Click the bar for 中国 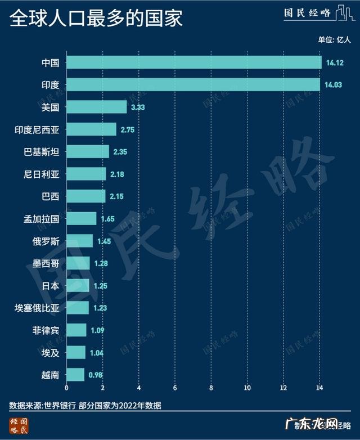[194, 62]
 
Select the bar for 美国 [97, 107]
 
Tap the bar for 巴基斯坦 [88, 151]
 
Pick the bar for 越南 [75, 374]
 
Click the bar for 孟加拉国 [82, 218]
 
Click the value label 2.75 [128, 129]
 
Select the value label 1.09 [97, 330]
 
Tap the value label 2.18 [117, 174]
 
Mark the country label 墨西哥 [46, 263]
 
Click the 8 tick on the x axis [211, 388]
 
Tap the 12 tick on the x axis [283, 388]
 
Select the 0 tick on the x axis [66, 388]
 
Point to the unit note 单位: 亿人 [334, 39]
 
